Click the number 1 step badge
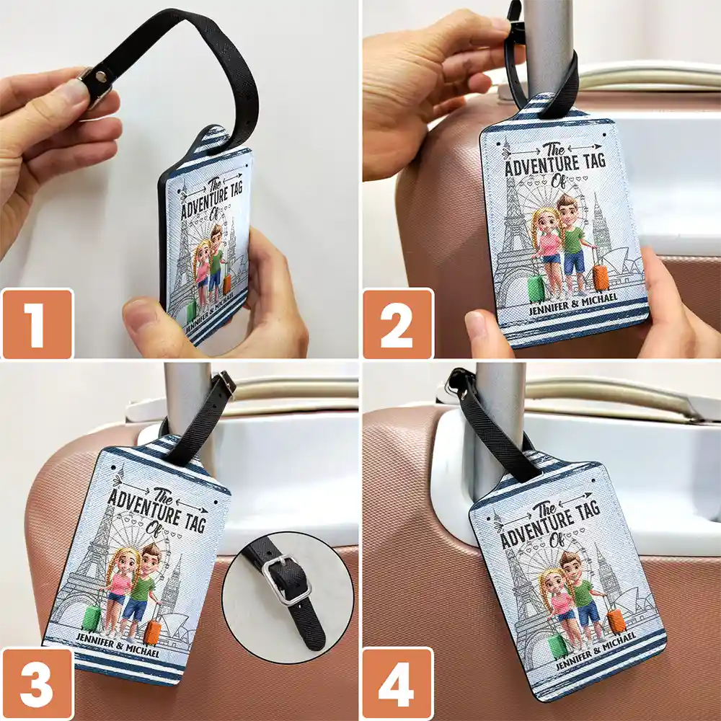[x=37, y=324]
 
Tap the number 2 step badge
[x=398, y=324]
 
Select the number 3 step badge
[x=37, y=684]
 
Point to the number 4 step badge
[x=398, y=684]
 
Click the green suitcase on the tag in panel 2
[x=536, y=289]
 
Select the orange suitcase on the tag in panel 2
[x=601, y=278]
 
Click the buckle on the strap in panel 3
[x=226, y=384]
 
